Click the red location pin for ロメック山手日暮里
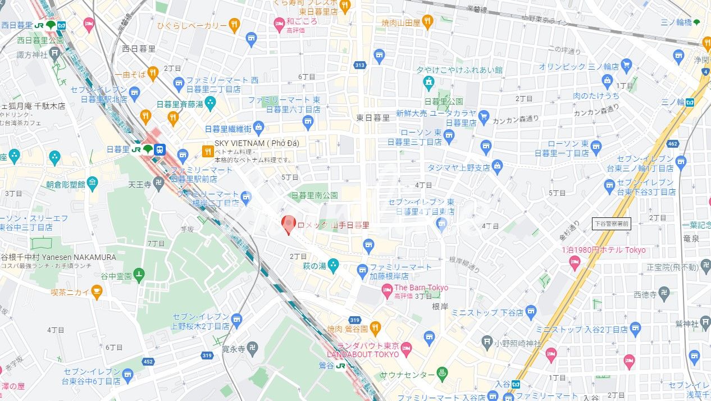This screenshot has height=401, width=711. pyautogui.click(x=288, y=224)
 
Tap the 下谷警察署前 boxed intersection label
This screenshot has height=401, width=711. pyautogui.click(x=611, y=224)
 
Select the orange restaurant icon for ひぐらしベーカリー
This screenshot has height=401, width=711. pyautogui.click(x=234, y=25)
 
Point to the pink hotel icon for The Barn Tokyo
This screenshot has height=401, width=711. pyautogui.click(x=386, y=290)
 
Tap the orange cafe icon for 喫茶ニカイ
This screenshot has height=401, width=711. pyautogui.click(x=97, y=291)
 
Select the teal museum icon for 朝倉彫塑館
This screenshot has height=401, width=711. pyautogui.click(x=92, y=183)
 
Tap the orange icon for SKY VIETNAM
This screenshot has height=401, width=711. pyautogui.click(x=207, y=150)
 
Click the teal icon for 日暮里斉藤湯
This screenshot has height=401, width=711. pyautogui.click(x=210, y=103)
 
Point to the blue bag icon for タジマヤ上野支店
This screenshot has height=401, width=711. pyautogui.click(x=497, y=166)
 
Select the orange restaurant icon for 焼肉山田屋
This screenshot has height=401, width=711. pyautogui.click(x=427, y=22)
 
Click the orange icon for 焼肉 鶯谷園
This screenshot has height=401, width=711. pyautogui.click(x=375, y=327)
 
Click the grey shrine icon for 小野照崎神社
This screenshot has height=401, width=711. pyautogui.click(x=487, y=341)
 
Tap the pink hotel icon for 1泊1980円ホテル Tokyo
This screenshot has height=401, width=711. pyautogui.click(x=575, y=262)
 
